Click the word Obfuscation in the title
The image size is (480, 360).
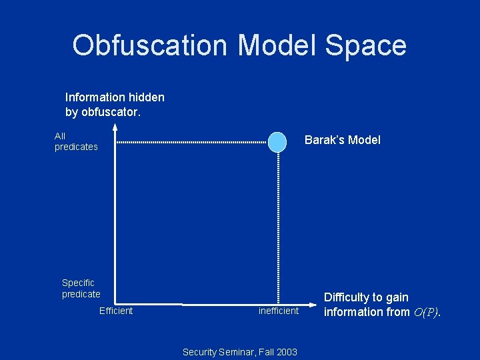(x=150, y=45)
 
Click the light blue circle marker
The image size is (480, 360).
(x=277, y=141)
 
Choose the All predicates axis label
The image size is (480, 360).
(x=75, y=141)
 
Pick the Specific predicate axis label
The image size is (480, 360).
(x=81, y=289)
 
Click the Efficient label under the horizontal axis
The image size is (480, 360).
(x=116, y=311)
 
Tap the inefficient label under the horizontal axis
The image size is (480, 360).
(x=279, y=311)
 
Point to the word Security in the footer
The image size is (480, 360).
(x=199, y=352)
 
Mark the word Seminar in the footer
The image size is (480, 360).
(x=235, y=352)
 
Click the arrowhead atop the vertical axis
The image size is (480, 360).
(x=115, y=128)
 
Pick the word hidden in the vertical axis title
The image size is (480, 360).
(x=148, y=97)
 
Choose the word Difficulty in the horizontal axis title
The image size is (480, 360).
(x=347, y=297)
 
